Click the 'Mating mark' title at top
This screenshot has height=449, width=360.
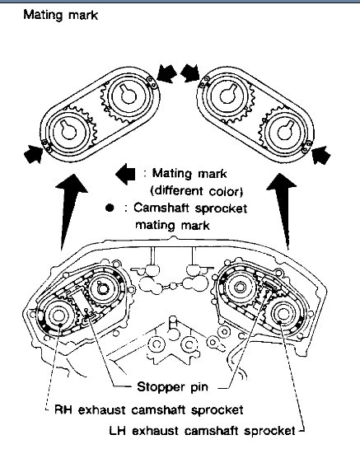pyautogui.click(x=60, y=15)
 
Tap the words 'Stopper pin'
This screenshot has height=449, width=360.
pyautogui.click(x=172, y=387)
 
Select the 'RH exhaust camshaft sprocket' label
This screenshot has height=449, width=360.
pyautogui.click(x=148, y=409)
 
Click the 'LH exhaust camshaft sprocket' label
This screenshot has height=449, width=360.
pyautogui.click(x=202, y=430)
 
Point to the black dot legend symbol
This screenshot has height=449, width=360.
pyautogui.click(x=110, y=208)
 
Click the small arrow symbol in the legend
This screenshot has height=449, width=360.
pyautogui.click(x=125, y=174)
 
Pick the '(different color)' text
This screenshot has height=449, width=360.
pyautogui.click(x=197, y=191)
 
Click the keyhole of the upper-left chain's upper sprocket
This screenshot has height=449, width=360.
pyautogui.click(x=127, y=93)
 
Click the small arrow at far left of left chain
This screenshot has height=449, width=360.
pyautogui.click(x=33, y=154)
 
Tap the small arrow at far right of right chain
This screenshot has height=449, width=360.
pyautogui.click(x=321, y=155)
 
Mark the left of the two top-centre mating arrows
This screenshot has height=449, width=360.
pyautogui.click(x=166, y=73)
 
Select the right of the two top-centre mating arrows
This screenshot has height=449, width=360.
pyautogui.click(x=189, y=72)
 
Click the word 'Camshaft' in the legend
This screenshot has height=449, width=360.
pyautogui.click(x=161, y=208)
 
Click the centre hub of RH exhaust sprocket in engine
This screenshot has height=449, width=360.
pyautogui.click(x=59, y=316)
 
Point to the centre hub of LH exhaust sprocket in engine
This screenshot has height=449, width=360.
pyautogui.click(x=282, y=314)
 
